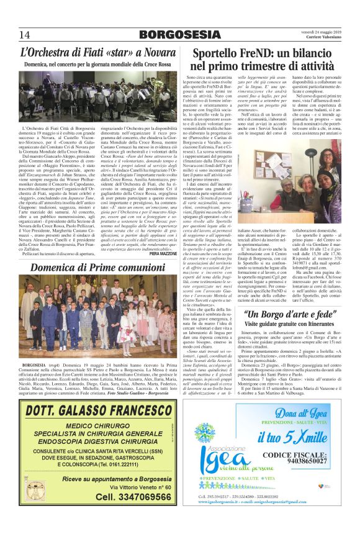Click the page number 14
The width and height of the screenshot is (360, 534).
point(25,34)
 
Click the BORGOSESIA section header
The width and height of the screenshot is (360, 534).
point(179,34)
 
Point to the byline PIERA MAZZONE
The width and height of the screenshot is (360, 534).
point(163,237)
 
